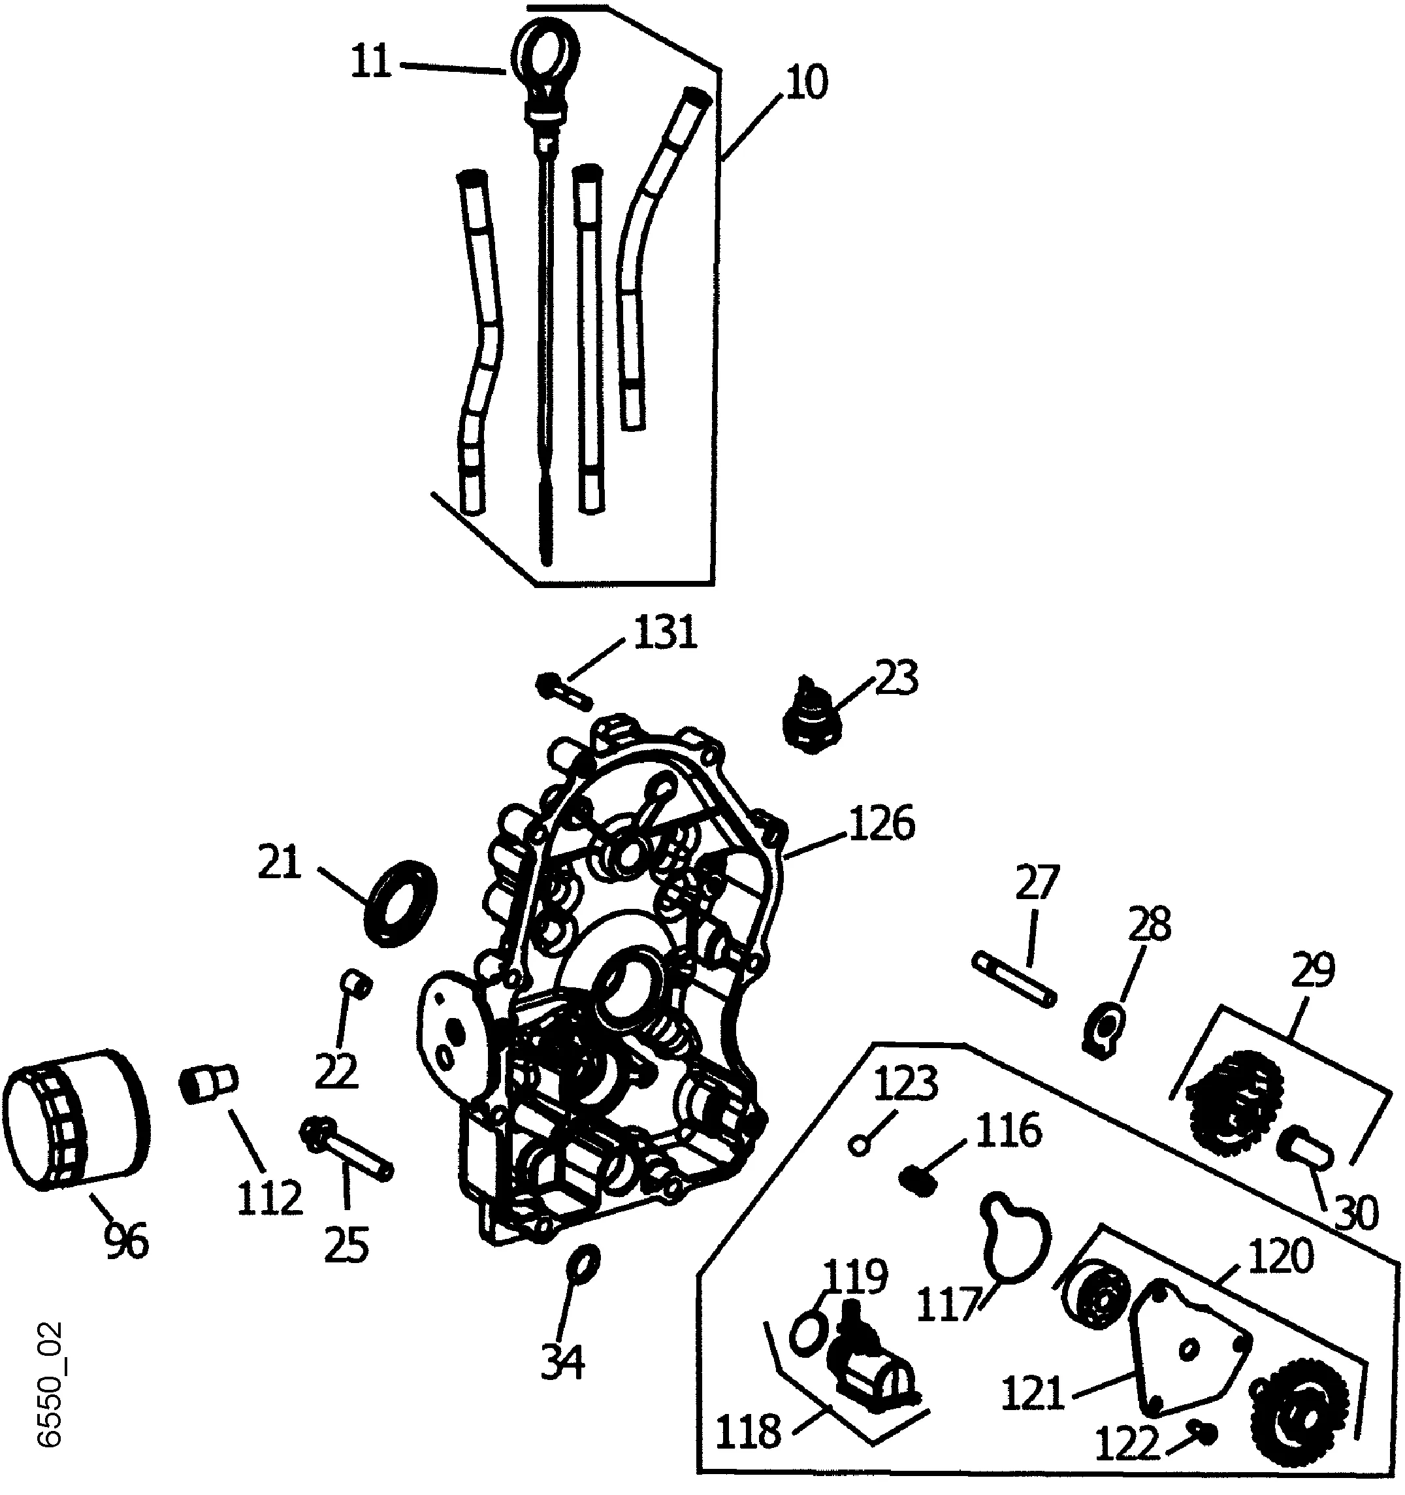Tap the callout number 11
point(372,63)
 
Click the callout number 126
point(880,825)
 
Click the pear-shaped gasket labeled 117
point(1013,1243)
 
